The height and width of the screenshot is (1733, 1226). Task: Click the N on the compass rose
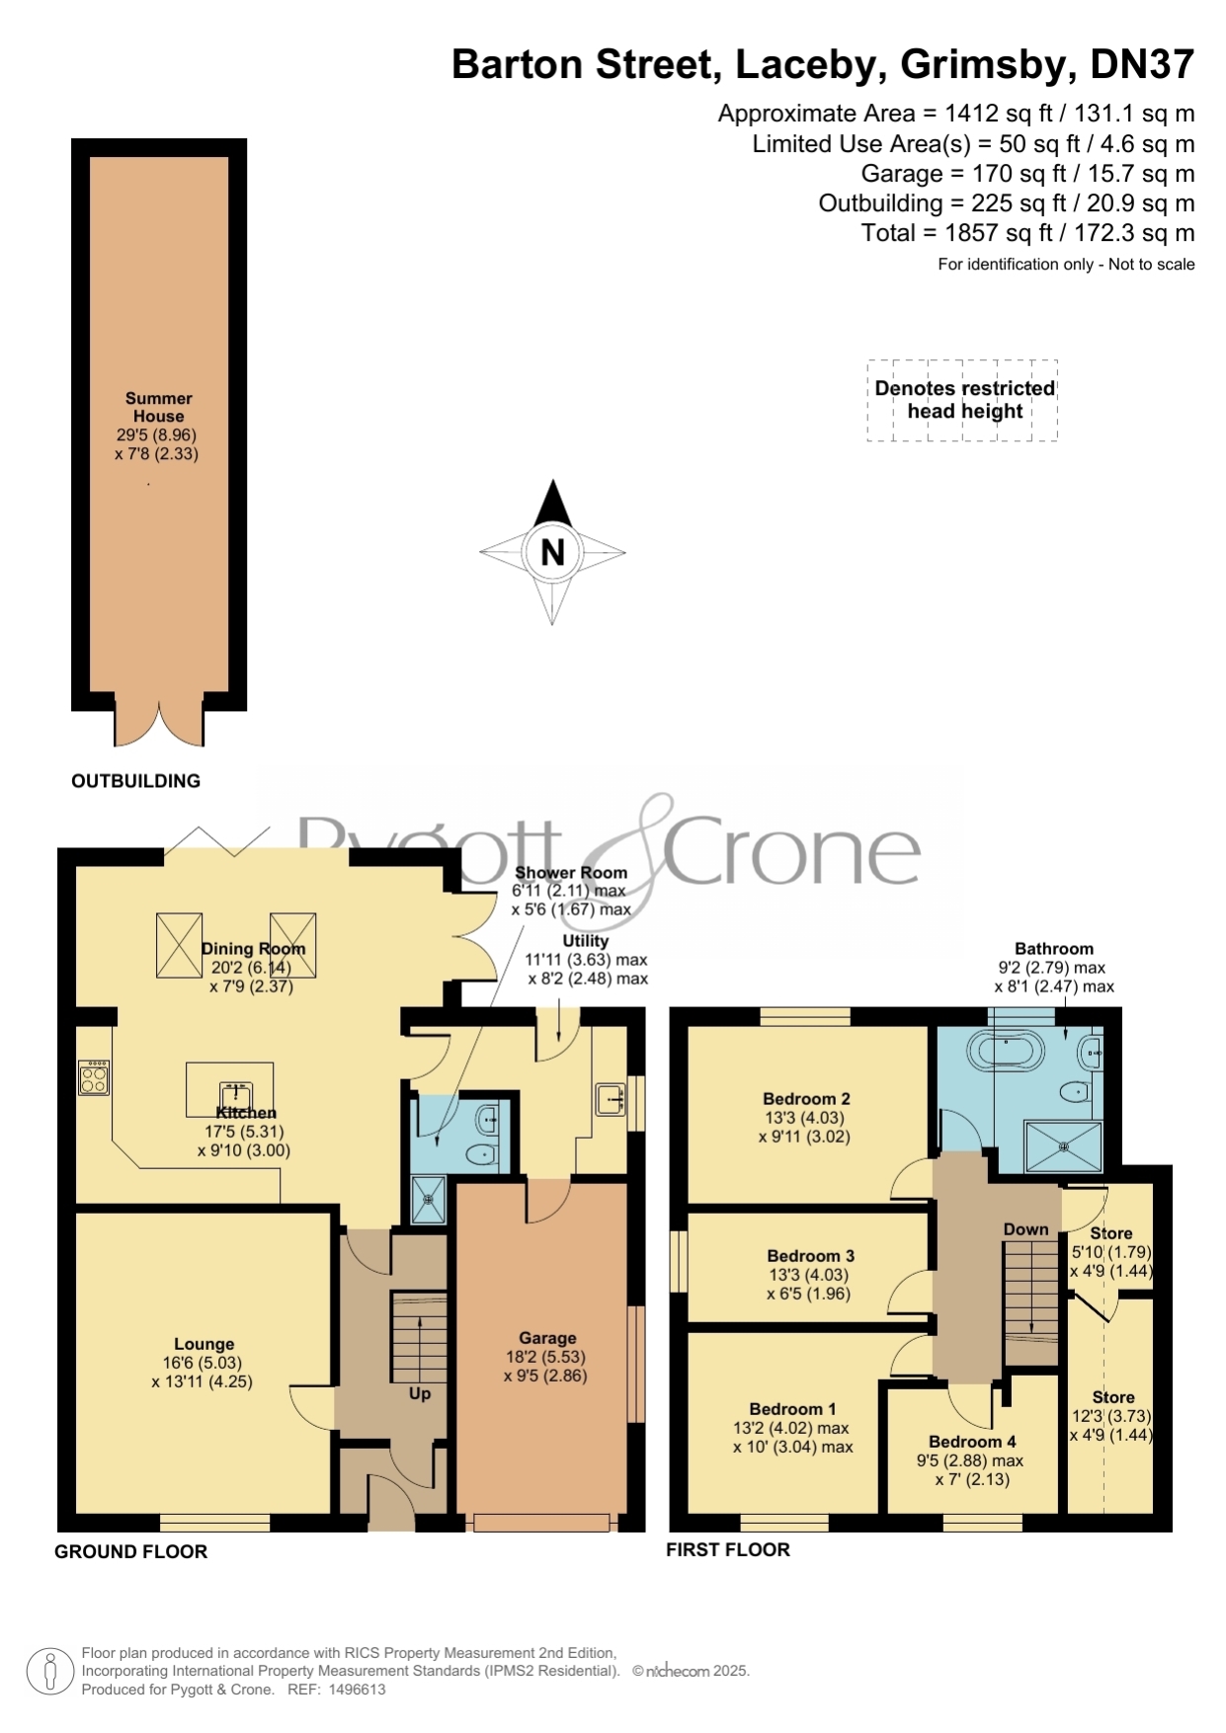[552, 552]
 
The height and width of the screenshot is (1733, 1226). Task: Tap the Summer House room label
[158, 407]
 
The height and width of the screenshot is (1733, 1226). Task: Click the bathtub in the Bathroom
[1005, 1052]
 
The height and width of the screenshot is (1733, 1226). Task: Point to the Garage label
[547, 1338]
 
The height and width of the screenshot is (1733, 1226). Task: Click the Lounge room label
[204, 1344]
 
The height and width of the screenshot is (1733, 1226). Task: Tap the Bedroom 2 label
[806, 1098]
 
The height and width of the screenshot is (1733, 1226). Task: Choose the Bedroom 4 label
[972, 1442]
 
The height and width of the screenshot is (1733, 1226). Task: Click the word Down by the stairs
[1025, 1229]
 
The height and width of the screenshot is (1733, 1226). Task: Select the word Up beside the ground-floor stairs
[420, 1394]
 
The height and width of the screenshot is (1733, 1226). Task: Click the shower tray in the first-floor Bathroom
[1063, 1146]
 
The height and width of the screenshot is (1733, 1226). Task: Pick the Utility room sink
[611, 1099]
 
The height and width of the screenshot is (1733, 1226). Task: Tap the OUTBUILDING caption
[136, 781]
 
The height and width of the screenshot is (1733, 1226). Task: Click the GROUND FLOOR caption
[131, 1551]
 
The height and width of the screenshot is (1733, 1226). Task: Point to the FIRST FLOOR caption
[728, 1549]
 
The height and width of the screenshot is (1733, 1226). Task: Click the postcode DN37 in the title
[1143, 64]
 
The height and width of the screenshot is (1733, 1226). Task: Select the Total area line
[1028, 233]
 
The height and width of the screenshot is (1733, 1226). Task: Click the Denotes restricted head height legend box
[963, 400]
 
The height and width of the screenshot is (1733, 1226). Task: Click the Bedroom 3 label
[811, 1256]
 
